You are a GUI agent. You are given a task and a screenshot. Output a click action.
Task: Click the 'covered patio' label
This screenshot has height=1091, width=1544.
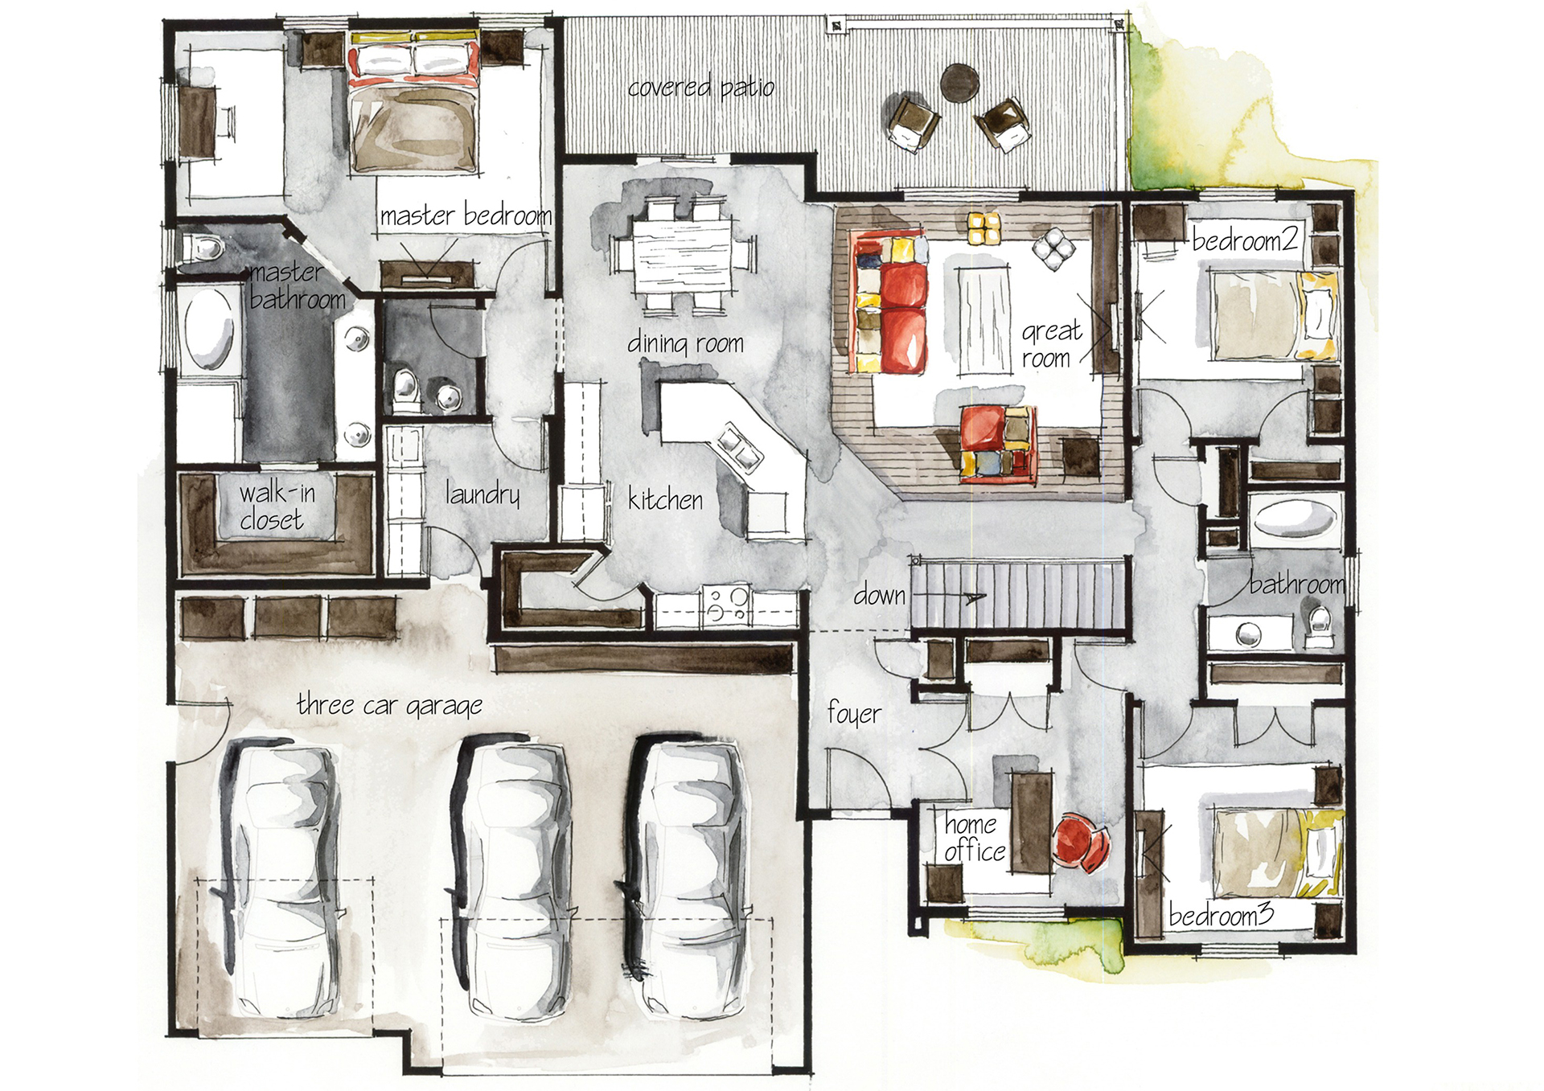tap(700, 87)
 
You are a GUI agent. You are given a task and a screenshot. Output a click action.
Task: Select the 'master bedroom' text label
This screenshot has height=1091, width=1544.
tap(466, 215)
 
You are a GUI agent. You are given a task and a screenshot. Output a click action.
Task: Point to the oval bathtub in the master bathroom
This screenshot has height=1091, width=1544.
tap(209, 330)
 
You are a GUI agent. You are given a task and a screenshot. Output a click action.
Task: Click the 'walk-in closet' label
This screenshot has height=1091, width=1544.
tap(276, 507)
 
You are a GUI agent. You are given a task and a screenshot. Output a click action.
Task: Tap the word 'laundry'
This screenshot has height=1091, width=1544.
tap(482, 494)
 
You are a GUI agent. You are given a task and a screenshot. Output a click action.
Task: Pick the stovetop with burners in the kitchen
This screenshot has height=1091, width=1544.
tap(726, 606)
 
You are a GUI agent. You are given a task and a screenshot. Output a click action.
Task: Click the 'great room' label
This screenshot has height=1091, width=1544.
tap(1051, 344)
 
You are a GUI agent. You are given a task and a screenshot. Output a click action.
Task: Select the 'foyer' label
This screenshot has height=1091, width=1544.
tap(853, 713)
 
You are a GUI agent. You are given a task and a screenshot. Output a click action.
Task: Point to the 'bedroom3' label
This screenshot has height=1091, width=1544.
tap(1221, 915)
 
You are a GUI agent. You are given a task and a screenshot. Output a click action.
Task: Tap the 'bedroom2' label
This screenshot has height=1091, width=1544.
tap(1245, 240)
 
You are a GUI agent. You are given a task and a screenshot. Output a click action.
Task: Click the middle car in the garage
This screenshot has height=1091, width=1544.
tap(513, 876)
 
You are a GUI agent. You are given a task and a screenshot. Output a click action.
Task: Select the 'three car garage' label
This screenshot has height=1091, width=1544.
tap(389, 705)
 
